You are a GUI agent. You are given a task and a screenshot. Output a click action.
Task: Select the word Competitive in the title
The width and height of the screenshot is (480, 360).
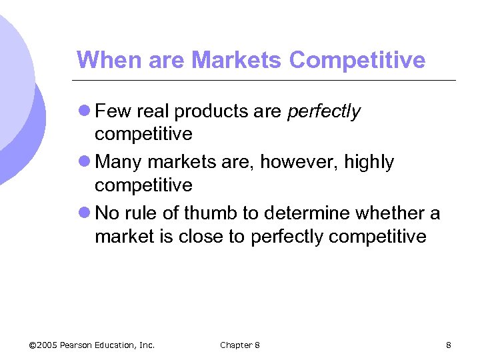357,60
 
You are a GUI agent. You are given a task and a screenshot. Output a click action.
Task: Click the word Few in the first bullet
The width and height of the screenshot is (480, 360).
112,111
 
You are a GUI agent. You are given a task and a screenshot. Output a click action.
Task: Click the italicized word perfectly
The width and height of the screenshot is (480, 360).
323,111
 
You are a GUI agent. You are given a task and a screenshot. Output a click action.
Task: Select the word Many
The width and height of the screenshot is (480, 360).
119,162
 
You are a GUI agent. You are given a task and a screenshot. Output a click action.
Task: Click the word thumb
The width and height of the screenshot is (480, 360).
207,213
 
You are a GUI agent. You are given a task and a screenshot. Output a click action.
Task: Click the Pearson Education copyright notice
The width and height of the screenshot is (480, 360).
93,345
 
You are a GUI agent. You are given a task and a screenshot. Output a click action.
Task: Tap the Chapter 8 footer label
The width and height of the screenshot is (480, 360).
240,345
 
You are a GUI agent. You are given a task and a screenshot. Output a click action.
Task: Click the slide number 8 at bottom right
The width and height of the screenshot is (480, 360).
449,345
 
